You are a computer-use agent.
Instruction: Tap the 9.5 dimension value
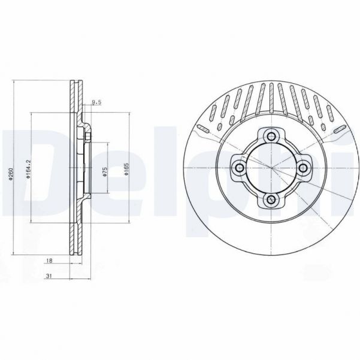coord(95,102)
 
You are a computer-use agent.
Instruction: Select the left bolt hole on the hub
coord(238,167)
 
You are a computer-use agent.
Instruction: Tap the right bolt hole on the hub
coord(303,167)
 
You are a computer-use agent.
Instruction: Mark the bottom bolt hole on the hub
coord(270,199)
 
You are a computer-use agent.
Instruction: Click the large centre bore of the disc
coord(270,167)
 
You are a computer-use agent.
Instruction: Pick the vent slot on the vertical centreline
coord(271,96)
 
